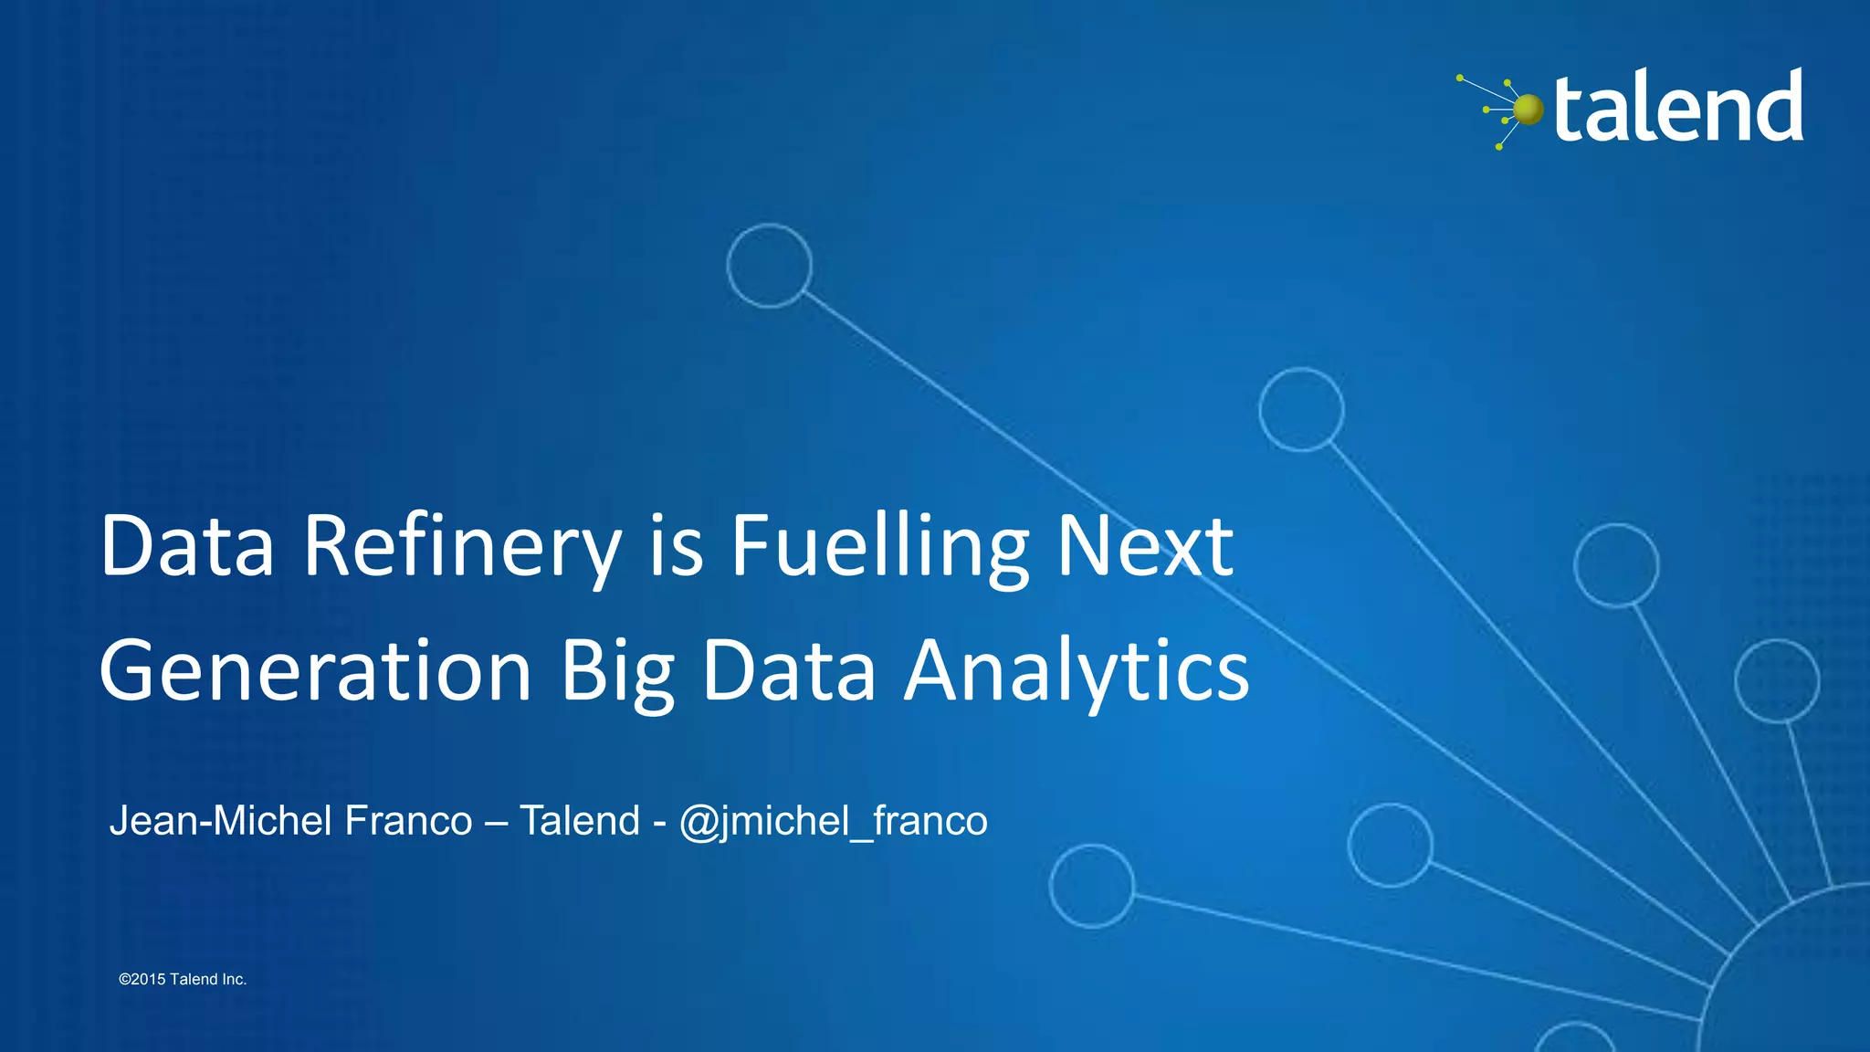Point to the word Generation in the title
[x=315, y=671]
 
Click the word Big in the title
[x=617, y=671]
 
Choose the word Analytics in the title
[x=1077, y=671]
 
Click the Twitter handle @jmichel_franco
[x=833, y=821]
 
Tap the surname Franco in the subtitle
[x=408, y=821]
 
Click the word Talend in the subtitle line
[x=580, y=821]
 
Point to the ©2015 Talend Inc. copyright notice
[x=183, y=979]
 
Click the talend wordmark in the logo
[x=1678, y=108]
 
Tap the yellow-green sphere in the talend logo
[x=1528, y=110]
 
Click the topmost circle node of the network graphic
[x=769, y=266]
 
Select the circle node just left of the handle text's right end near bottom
[x=1092, y=886]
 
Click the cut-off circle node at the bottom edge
[x=1574, y=1039]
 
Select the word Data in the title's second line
[x=789, y=671]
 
